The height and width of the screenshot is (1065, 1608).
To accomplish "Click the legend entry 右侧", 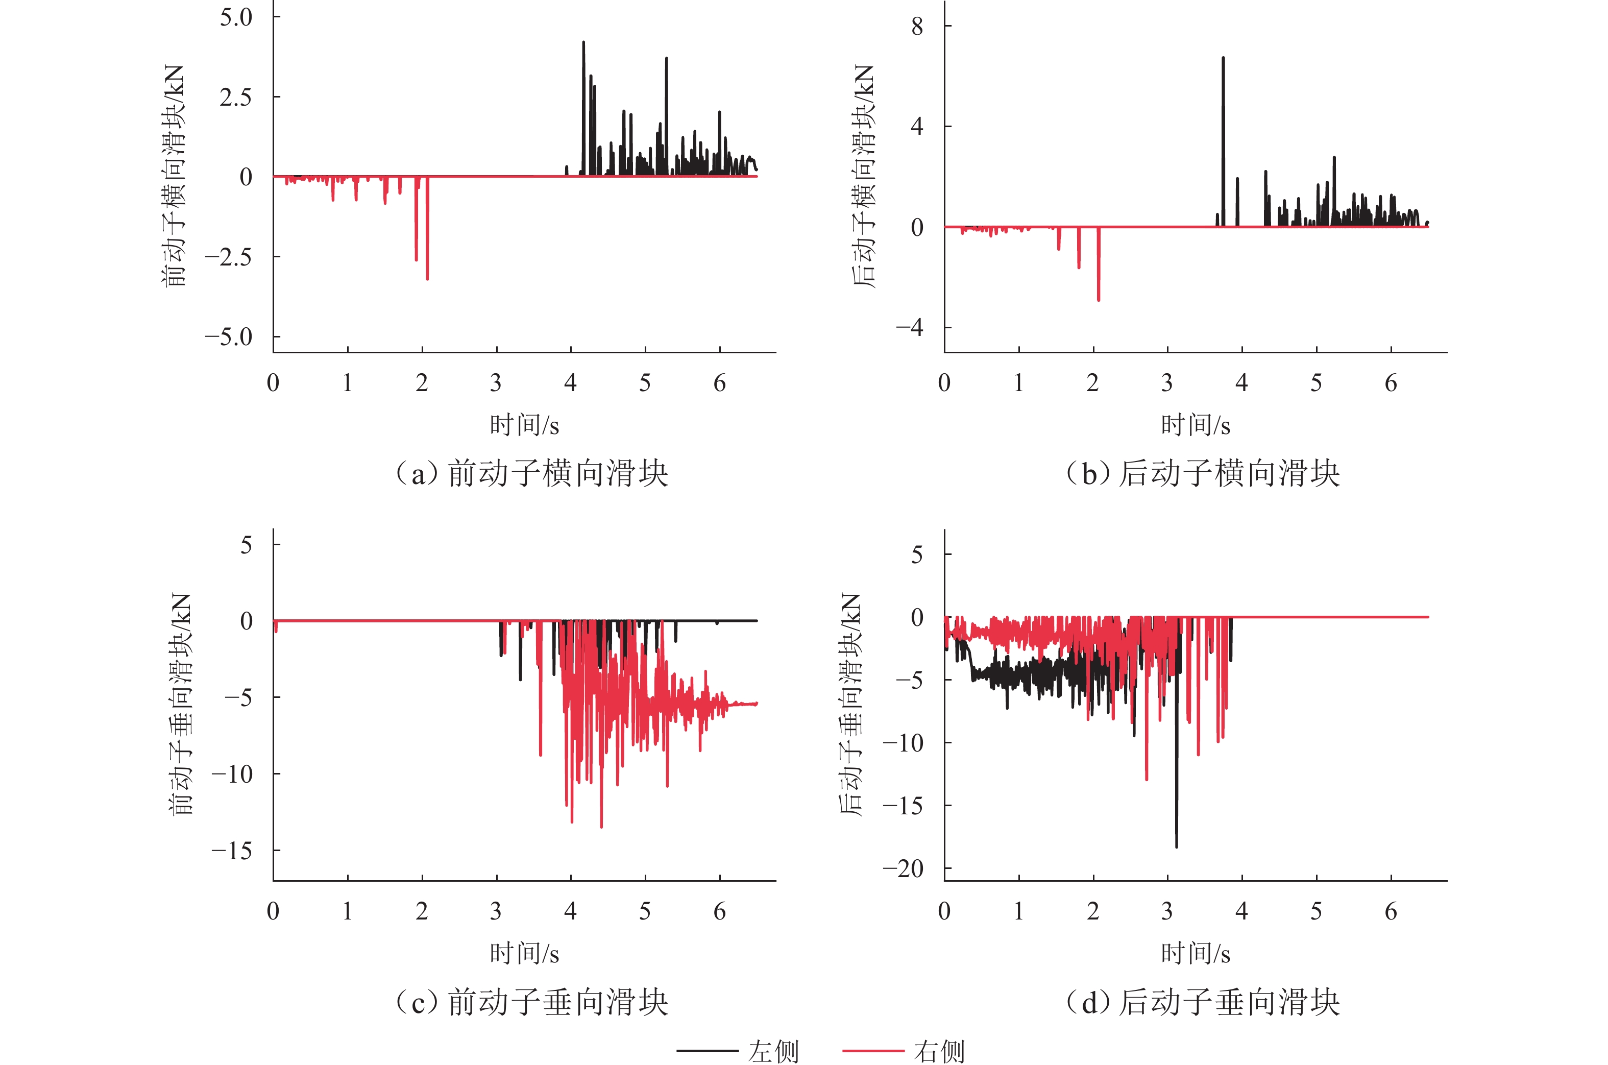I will [x=938, y=1051].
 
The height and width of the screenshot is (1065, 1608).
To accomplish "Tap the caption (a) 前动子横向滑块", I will [x=532, y=473].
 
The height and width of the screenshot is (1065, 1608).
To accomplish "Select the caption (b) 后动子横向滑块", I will [x=1203, y=473].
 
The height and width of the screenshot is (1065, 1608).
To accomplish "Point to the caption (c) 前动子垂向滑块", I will [x=532, y=1002].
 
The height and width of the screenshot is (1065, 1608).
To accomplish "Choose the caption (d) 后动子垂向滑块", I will [x=1203, y=1002].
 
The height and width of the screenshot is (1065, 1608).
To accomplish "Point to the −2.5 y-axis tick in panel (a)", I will [x=228, y=257].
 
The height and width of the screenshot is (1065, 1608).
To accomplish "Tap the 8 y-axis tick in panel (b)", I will [x=917, y=27].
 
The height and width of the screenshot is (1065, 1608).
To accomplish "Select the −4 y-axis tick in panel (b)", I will [x=910, y=327].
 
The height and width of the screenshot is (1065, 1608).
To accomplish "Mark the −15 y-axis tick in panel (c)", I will [x=232, y=851].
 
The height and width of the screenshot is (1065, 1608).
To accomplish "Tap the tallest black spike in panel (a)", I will [x=583, y=43].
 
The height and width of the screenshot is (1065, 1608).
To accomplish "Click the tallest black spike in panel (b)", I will [x=1224, y=59].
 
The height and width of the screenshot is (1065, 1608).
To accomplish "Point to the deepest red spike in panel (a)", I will [x=427, y=277].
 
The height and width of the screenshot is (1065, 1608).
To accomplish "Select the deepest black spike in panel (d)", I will [x=1177, y=845].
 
